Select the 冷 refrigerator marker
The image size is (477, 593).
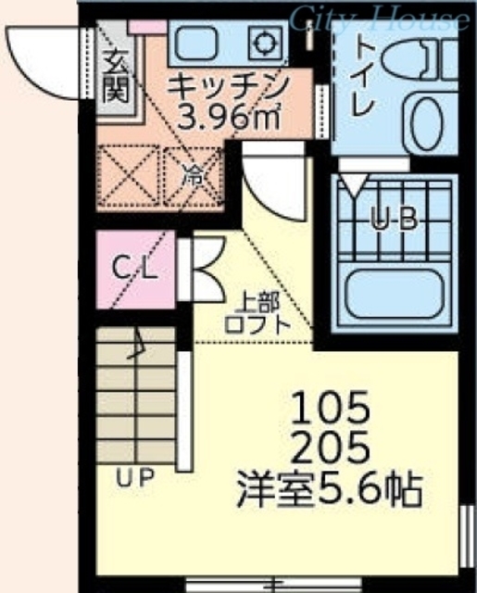pyautogui.click(x=194, y=174)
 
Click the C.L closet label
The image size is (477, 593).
pyautogui.click(x=135, y=270)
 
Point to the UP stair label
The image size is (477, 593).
pyautogui.click(x=134, y=478)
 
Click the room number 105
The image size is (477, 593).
pyautogui.click(x=331, y=407)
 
